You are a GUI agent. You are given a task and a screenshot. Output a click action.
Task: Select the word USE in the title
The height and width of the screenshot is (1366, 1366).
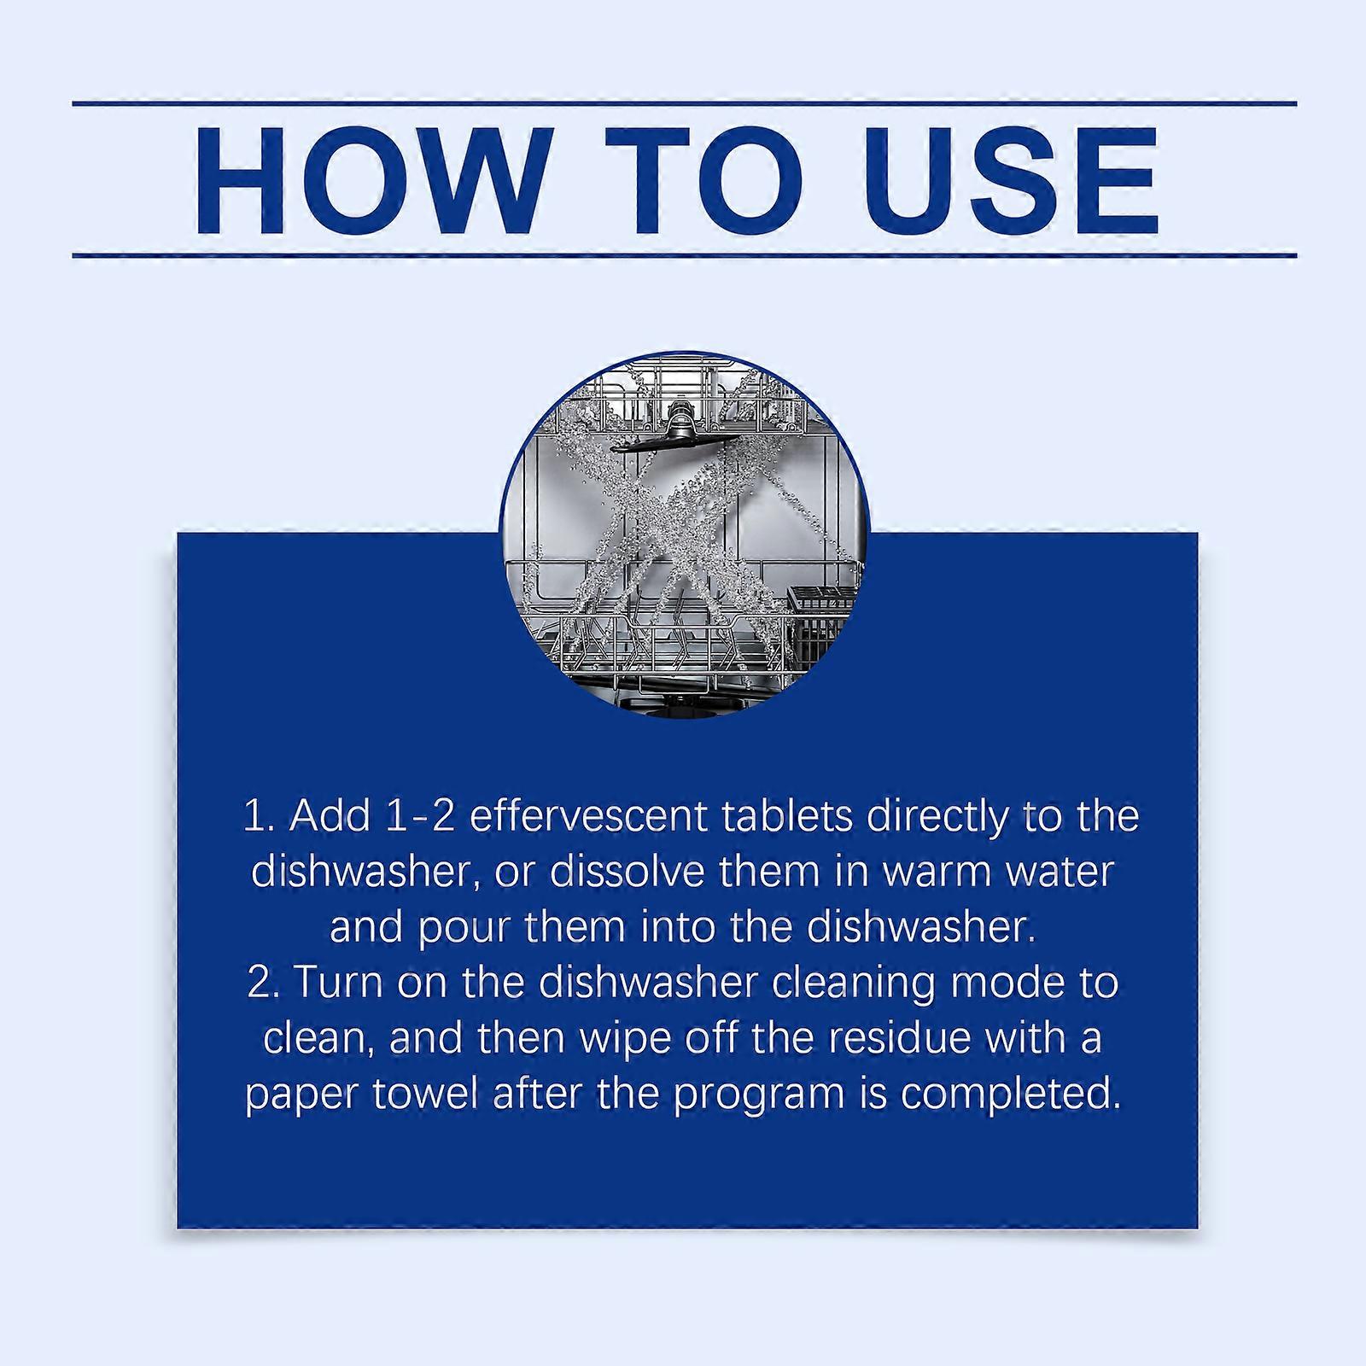tap(1013, 180)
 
